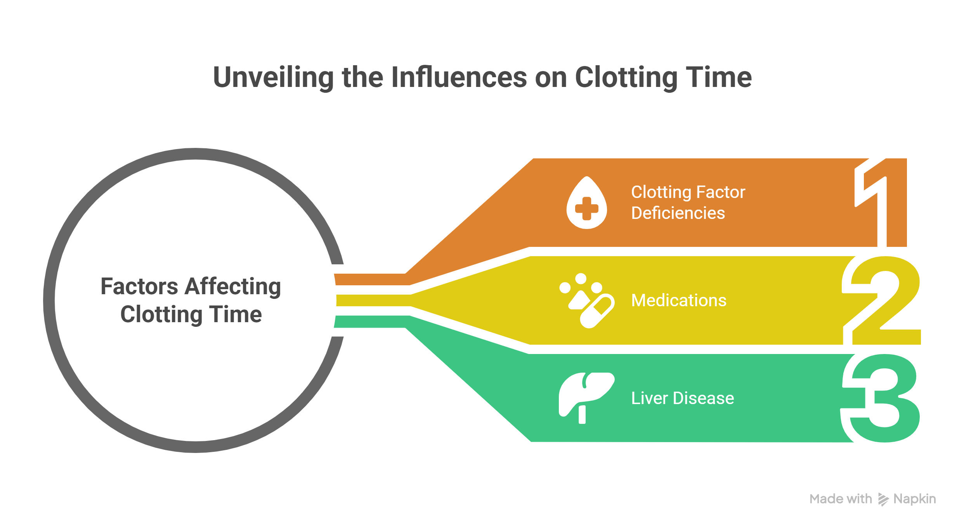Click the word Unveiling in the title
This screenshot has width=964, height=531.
click(x=273, y=78)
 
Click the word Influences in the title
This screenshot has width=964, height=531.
click(x=459, y=78)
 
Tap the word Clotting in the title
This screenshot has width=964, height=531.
click(x=626, y=78)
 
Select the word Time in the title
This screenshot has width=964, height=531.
click(x=718, y=78)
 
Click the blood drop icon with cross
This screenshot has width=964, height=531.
click(x=586, y=203)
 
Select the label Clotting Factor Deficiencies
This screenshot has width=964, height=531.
click(x=688, y=203)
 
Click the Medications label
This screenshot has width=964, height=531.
click(x=678, y=300)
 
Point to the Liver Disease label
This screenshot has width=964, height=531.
click(x=682, y=398)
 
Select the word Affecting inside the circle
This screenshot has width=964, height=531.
click(x=233, y=287)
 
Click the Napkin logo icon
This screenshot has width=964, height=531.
click(x=883, y=499)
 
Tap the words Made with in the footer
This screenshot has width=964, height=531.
click(x=841, y=499)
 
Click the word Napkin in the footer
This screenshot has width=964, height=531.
click(x=914, y=499)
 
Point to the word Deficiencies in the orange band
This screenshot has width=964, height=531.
click(x=678, y=213)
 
